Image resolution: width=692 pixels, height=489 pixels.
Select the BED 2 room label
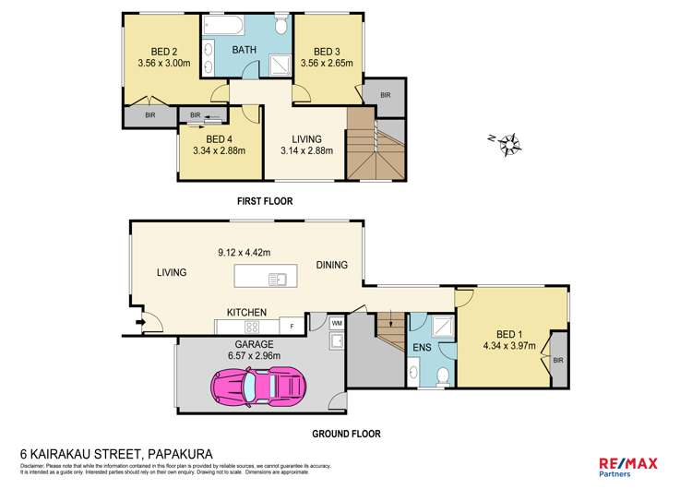(157, 51)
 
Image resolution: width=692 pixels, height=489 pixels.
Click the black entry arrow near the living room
(139, 322)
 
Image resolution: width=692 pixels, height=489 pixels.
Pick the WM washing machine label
(336, 323)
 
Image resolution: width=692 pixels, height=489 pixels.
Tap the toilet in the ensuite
(442, 376)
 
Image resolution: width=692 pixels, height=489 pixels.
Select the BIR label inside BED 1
(556, 361)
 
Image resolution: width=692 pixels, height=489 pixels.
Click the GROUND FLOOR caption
(346, 434)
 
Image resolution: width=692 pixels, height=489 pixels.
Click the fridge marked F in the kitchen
(292, 326)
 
